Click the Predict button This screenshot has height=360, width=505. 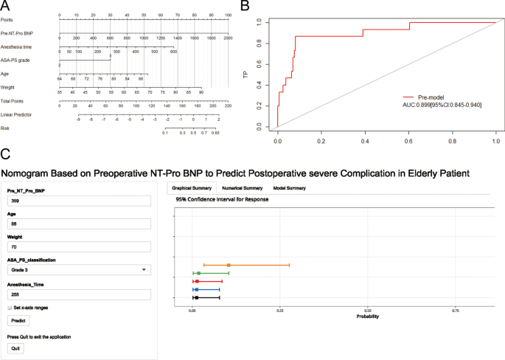16,321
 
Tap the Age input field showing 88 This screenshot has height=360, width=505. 77,222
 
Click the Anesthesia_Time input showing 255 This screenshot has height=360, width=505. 77,294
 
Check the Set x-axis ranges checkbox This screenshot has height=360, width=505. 10,308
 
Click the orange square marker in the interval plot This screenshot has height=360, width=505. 229,265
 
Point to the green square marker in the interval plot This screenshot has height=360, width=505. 198,273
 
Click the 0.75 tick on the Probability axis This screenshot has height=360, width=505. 456,311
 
